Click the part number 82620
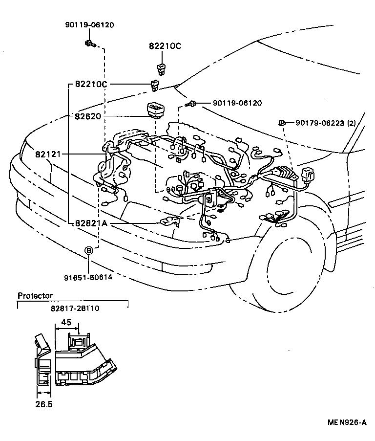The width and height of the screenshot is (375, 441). [88, 116]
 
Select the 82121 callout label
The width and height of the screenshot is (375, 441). [47, 154]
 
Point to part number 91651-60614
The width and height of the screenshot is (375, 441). [88, 277]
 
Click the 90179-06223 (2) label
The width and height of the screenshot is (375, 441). [326, 123]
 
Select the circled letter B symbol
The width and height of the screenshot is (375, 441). [89, 250]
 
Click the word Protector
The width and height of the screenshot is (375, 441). [35, 296]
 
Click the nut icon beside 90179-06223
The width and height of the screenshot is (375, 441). [282, 122]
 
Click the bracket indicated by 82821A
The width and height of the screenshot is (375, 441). [170, 221]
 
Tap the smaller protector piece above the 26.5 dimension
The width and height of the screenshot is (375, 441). [44, 362]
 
